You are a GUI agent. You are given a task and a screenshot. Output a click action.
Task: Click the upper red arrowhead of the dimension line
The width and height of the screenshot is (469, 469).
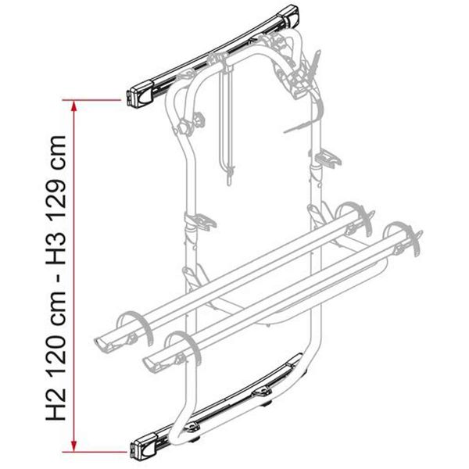73,103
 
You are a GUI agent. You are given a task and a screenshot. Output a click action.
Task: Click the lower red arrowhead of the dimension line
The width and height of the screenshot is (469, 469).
73,447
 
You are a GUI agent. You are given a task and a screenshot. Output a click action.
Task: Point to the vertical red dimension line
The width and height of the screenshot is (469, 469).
73,274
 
